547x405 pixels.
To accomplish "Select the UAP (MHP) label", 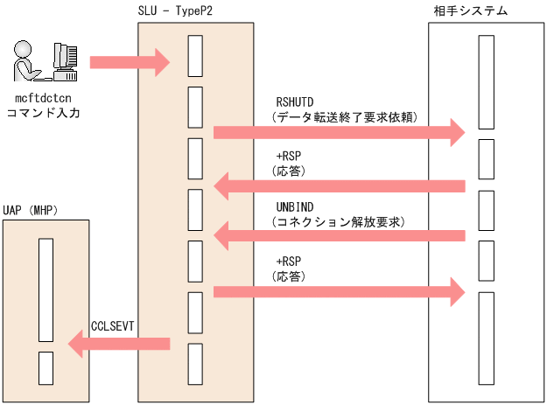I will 31,210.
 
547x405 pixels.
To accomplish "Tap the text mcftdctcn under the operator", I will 43,98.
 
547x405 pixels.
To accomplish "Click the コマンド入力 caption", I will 43,112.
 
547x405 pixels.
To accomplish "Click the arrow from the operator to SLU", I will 130,60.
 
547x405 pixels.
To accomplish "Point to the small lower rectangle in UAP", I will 46,367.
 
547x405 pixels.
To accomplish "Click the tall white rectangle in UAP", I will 46,290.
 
